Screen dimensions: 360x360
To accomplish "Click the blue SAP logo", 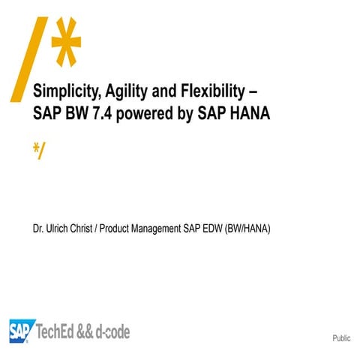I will point(22,330).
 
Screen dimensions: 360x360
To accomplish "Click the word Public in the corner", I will point(341,339).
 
